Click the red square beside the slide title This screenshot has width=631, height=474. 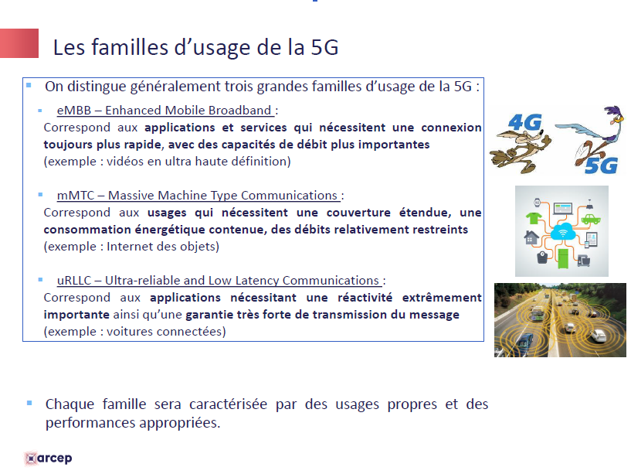tap(19, 43)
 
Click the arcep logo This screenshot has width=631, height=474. tap(48, 459)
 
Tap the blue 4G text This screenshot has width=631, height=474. tap(525, 122)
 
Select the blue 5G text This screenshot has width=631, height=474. tap(601, 165)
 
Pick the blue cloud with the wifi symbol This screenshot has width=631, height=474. tap(562, 231)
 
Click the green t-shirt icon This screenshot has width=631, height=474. tap(534, 218)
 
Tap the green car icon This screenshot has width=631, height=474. tap(591, 220)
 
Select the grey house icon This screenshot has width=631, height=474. tap(531, 237)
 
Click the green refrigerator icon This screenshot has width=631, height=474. tap(562, 258)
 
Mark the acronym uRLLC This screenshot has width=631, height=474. tap(74, 281)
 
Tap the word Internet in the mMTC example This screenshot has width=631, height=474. tap(129, 246)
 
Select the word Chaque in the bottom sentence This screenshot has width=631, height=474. tap(70, 404)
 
